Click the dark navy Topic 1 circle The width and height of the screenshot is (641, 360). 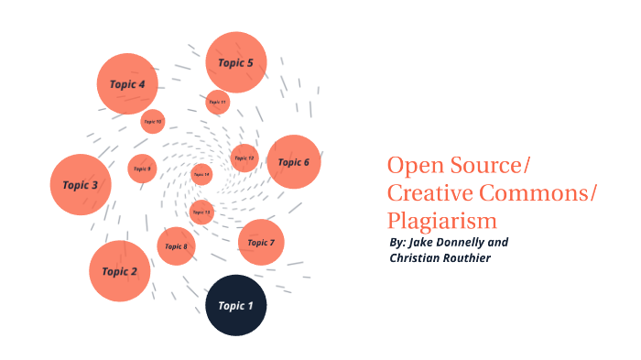click(235, 305)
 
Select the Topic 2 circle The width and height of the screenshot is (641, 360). click(119, 271)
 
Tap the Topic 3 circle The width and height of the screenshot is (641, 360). click(81, 185)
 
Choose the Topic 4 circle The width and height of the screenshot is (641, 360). click(127, 84)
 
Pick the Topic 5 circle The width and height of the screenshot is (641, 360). click(235, 62)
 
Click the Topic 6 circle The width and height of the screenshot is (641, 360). click(293, 162)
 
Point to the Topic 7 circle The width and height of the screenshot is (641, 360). click(260, 243)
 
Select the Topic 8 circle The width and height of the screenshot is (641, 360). click(176, 246)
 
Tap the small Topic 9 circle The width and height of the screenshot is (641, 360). click(141, 169)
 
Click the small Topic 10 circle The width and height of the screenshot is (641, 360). click(152, 121)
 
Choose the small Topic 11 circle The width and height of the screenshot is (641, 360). click(217, 102)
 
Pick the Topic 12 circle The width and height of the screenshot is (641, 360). click(244, 158)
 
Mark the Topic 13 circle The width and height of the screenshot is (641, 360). click(201, 213)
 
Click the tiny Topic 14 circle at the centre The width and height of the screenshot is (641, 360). click(201, 174)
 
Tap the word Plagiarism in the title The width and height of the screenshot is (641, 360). click(441, 221)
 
